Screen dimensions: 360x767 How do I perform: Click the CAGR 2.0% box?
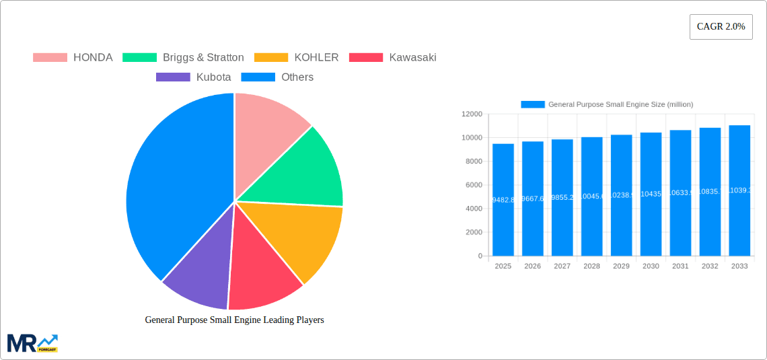pos(721,27)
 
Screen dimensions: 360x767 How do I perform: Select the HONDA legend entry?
pos(73,57)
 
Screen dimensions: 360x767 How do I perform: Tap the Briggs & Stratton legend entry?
pos(184,57)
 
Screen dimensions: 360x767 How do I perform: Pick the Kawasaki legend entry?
pos(393,57)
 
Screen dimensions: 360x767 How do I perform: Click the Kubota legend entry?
pos(194,77)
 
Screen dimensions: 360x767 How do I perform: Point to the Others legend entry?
pos(277,77)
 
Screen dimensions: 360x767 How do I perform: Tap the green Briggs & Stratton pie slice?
pos(303,172)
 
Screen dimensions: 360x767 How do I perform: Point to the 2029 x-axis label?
pos(621,266)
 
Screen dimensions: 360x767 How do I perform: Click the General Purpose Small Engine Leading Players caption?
pos(234,320)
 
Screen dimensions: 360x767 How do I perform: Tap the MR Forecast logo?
pos(32,343)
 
